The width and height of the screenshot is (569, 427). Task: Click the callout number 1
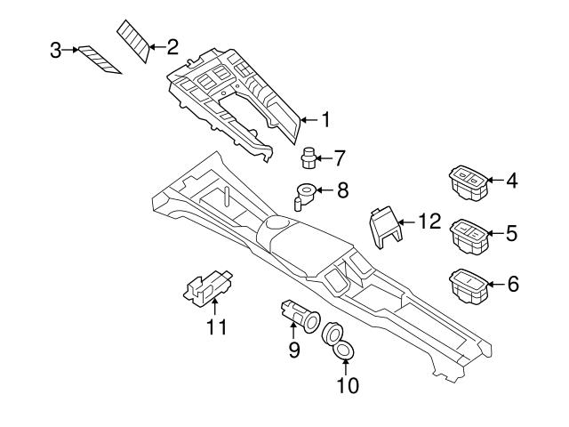325,118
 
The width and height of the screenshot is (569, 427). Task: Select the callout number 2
172,46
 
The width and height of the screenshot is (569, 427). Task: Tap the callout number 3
55,51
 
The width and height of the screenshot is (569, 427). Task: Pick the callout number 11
217,327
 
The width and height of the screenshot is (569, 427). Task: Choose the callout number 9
293,350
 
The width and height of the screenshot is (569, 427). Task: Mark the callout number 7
339,158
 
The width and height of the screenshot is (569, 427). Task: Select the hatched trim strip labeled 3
98,60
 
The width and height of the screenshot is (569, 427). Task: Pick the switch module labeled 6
468,284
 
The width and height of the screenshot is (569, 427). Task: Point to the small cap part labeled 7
309,158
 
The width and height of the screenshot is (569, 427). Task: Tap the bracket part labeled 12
384,227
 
